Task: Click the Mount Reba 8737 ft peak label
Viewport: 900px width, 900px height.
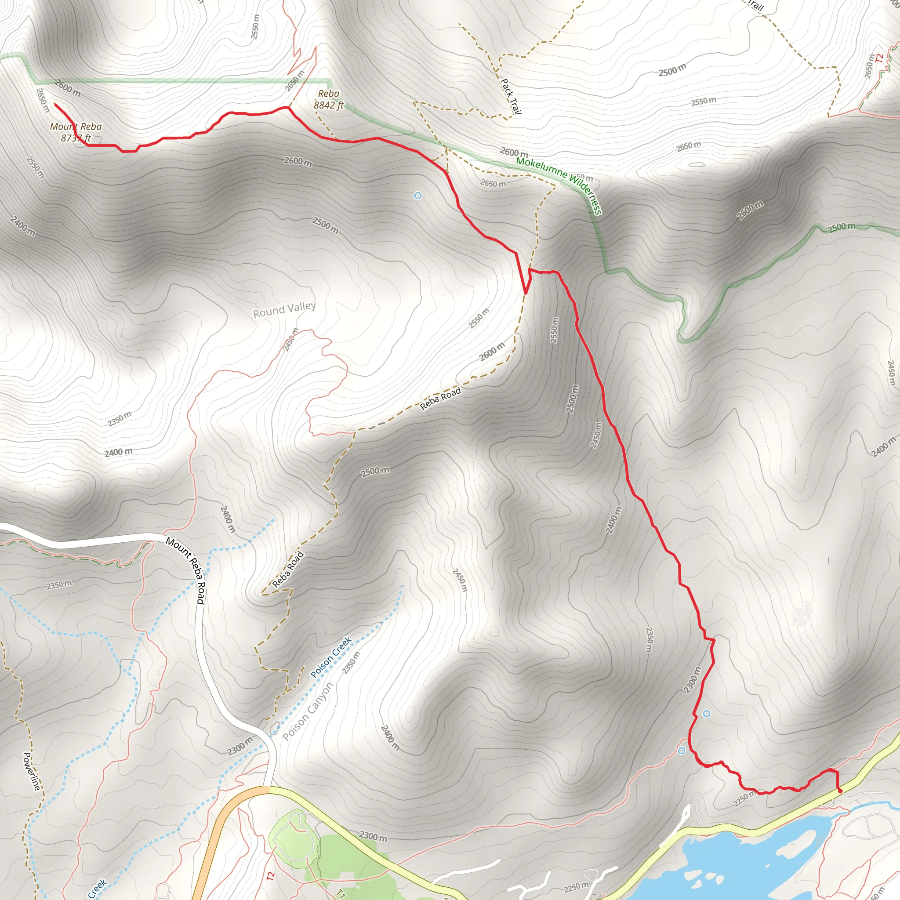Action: (x=76, y=132)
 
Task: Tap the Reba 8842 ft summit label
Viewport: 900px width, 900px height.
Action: (x=328, y=100)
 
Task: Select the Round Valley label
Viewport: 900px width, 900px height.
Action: (x=284, y=310)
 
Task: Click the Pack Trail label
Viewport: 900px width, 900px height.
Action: (x=511, y=96)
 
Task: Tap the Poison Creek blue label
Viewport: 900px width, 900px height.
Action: (x=331, y=657)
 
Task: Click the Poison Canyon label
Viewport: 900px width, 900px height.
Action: (x=308, y=711)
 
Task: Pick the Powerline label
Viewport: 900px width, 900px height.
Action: (x=31, y=771)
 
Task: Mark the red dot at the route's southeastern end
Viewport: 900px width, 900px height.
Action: (x=840, y=791)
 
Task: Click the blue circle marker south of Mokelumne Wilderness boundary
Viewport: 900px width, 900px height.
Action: (x=418, y=196)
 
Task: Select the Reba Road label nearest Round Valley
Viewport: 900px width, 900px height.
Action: (x=440, y=399)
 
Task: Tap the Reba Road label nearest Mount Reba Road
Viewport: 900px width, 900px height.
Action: (x=288, y=569)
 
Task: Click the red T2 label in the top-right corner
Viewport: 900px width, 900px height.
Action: (x=879, y=59)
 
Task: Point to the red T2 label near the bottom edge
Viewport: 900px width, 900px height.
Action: (x=271, y=876)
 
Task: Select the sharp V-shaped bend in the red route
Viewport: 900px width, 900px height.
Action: (x=526, y=293)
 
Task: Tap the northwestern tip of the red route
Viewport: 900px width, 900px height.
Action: (x=55, y=104)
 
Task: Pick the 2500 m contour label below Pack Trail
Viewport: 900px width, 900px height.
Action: (x=672, y=70)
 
